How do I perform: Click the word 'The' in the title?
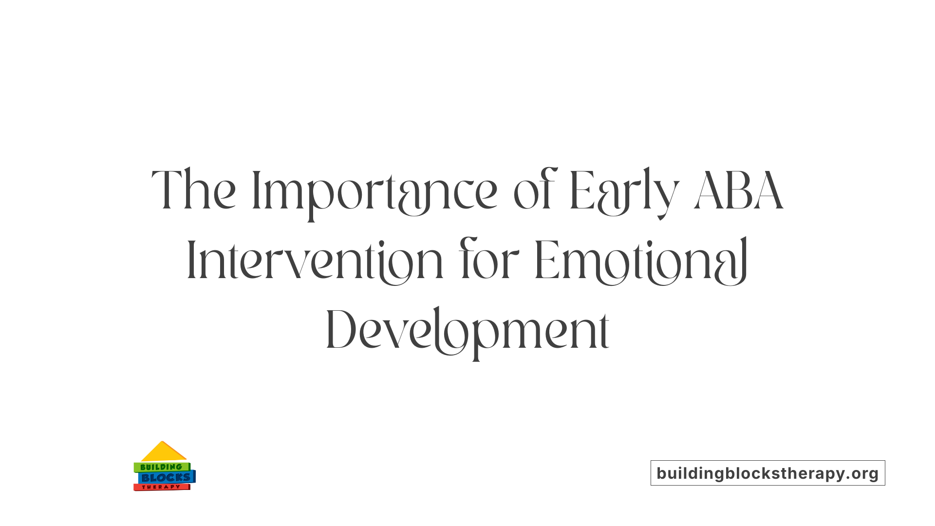point(194,189)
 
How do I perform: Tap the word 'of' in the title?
point(535,190)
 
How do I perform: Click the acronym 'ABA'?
point(739,189)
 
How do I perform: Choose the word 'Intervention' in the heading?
point(315,260)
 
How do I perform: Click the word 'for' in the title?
point(489,260)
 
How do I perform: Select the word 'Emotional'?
point(641,260)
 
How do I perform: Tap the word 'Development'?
point(467,330)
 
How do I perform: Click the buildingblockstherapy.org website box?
point(767,473)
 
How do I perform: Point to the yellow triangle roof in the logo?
point(163,452)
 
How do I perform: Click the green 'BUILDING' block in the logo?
point(161,467)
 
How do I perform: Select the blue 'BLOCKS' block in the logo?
point(166,478)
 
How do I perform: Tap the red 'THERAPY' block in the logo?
point(161,487)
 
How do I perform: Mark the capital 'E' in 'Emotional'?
point(546,260)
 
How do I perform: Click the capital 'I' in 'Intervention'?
point(191,260)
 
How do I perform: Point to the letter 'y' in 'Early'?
point(667,195)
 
